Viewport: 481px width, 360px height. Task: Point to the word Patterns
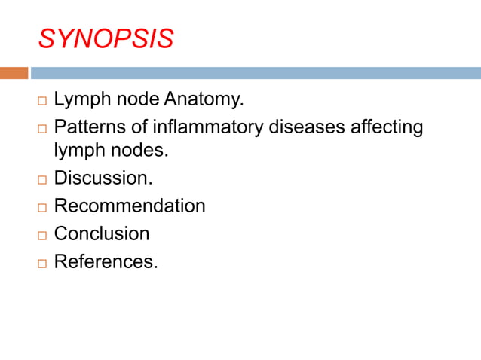86,127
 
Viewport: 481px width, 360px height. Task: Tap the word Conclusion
102,233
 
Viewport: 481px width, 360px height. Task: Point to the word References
106,261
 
